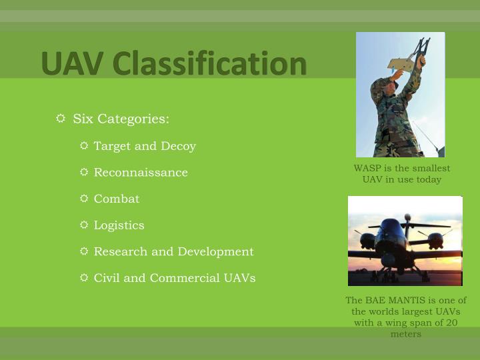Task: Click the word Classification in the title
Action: pos(209,63)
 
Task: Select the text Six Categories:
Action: pos(121,119)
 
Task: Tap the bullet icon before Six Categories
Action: pos(61,119)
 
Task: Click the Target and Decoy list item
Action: pos(145,146)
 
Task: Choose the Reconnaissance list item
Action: pos(141,173)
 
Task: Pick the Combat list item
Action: pos(117,199)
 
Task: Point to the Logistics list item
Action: pos(119,225)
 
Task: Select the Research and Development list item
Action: pos(173,251)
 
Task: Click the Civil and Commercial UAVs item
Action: pos(175,278)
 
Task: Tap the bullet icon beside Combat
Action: pos(84,199)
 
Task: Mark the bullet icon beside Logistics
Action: pos(84,225)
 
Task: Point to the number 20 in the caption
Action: pos(451,323)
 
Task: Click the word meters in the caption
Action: pos(405,334)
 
